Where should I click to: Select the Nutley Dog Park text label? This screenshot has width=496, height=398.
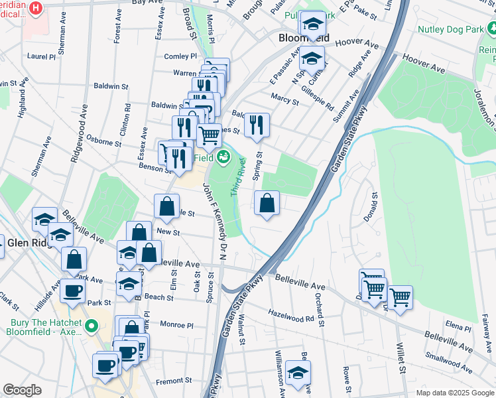tap(448, 29)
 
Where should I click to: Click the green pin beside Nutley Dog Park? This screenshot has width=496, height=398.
tap(491, 29)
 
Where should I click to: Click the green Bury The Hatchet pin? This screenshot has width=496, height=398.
tap(93, 326)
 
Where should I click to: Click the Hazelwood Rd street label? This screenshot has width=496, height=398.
tap(291, 315)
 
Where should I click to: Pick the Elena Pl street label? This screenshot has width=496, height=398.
tap(458, 326)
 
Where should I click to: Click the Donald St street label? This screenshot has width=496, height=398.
tap(374, 206)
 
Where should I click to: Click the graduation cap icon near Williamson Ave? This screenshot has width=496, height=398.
tap(298, 373)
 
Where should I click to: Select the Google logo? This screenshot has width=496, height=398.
tap(22, 390)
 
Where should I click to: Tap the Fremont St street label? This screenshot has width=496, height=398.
tap(173, 381)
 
